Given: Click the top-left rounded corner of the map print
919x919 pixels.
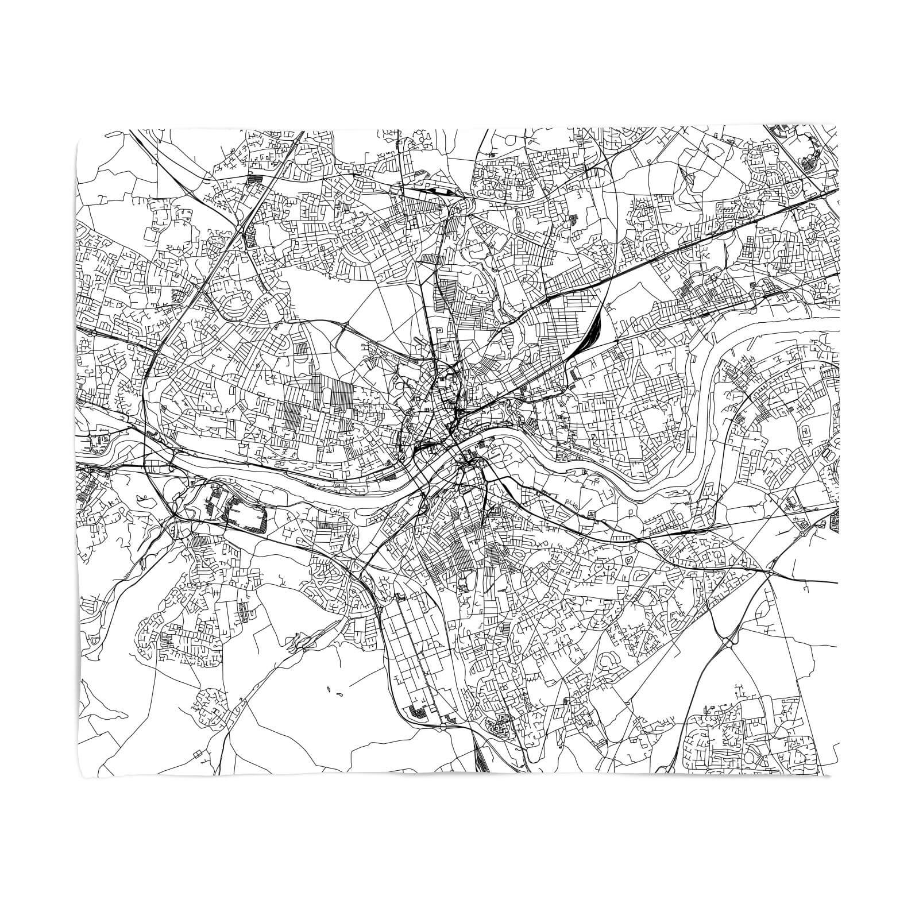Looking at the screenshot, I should [x=79, y=130].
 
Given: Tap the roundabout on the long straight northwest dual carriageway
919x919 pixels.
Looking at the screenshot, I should [x=251, y=180].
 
